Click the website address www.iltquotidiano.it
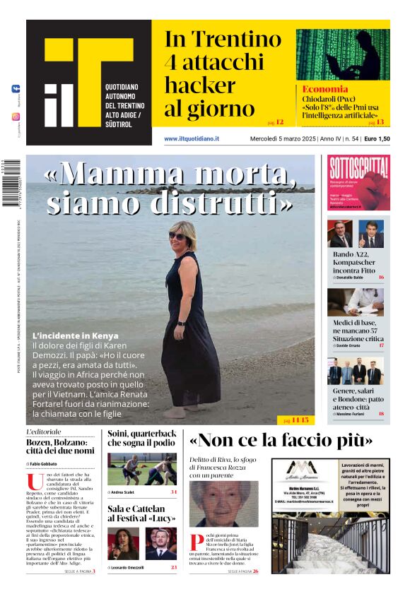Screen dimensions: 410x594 (192, 138)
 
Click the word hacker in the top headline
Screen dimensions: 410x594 (200, 86)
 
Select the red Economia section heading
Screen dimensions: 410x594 (325, 89)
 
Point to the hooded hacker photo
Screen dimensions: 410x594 (342, 54)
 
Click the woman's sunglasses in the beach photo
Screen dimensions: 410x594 (177, 236)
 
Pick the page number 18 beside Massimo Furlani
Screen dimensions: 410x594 (381, 413)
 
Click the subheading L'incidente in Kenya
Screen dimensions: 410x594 (76, 335)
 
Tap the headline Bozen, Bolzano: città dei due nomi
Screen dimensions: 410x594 (60, 446)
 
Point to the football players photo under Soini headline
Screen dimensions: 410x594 (142, 469)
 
